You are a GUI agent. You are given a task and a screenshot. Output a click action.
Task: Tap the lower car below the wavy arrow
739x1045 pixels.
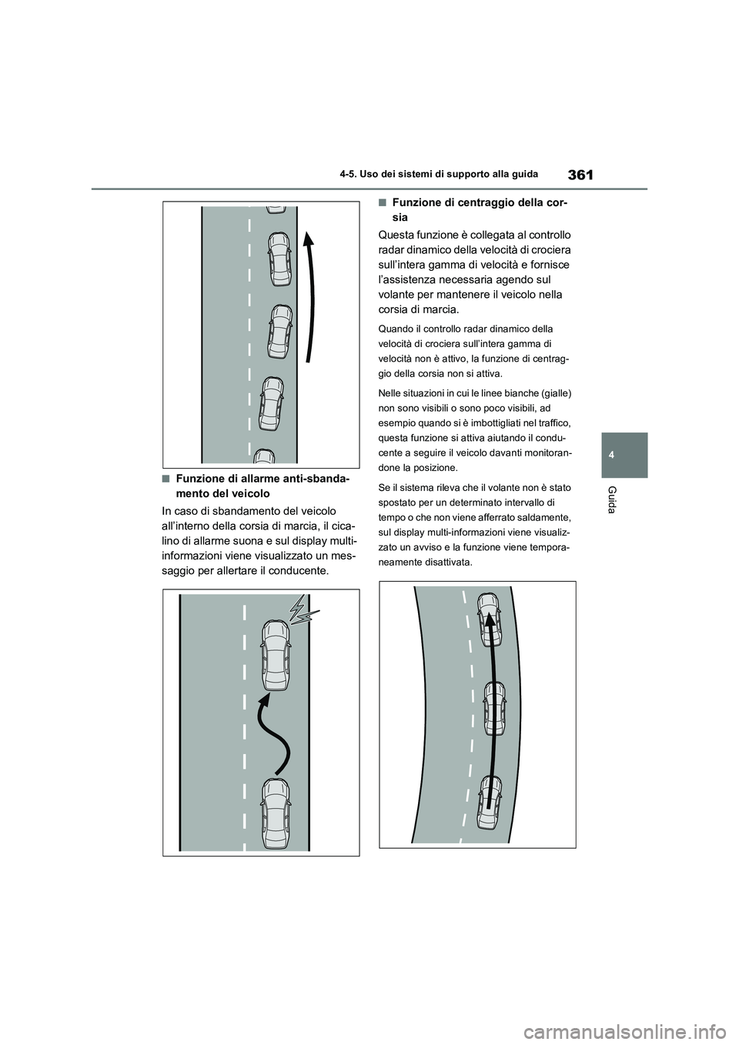tap(275, 813)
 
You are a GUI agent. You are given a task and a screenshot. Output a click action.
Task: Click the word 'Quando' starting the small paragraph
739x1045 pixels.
tap(396, 329)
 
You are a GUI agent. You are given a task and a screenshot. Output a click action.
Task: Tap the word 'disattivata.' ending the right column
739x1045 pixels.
tap(445, 563)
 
